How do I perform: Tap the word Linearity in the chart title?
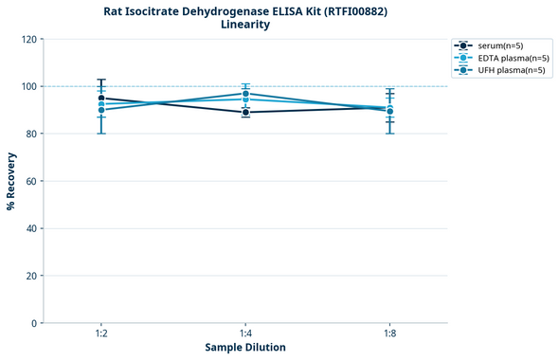244,25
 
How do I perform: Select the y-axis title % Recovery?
11,181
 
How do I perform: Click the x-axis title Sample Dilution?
245,348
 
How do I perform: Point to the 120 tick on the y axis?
30,39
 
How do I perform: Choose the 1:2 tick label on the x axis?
101,334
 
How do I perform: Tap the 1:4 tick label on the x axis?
245,334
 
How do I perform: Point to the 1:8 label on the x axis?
389,334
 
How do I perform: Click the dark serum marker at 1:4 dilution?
245,113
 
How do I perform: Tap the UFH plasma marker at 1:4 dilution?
245,94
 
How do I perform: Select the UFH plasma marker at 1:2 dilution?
101,110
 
